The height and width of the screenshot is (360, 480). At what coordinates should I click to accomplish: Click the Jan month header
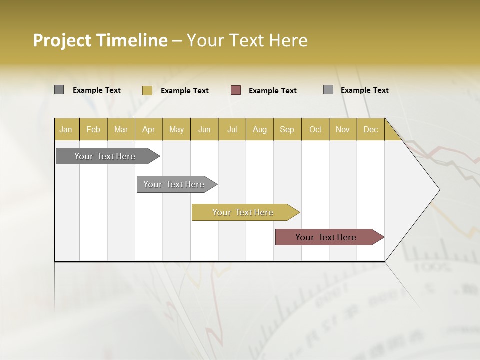(x=66, y=129)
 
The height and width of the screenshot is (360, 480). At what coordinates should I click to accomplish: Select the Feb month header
(x=93, y=129)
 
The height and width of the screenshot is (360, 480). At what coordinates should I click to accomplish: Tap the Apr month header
(x=149, y=129)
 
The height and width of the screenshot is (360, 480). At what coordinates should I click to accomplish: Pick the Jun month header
(x=204, y=129)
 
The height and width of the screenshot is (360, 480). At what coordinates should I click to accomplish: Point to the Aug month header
(x=260, y=129)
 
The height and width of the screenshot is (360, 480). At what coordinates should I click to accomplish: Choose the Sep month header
(x=287, y=129)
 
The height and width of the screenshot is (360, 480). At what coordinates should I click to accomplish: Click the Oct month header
(x=315, y=129)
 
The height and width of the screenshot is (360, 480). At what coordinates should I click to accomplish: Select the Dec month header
(x=371, y=129)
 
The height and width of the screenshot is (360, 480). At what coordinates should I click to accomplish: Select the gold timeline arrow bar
(x=243, y=212)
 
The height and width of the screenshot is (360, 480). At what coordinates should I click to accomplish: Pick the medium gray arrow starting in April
(x=174, y=184)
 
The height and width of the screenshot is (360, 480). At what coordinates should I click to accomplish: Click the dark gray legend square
(x=59, y=90)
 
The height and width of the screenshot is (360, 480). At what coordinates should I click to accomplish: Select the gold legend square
(x=147, y=90)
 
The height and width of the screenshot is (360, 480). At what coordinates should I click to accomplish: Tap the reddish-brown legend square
(x=236, y=90)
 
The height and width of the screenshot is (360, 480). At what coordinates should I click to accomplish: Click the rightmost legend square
(x=328, y=90)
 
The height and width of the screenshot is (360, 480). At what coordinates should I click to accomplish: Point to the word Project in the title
(x=61, y=40)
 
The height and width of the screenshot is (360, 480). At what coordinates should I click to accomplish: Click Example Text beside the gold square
(x=185, y=91)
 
